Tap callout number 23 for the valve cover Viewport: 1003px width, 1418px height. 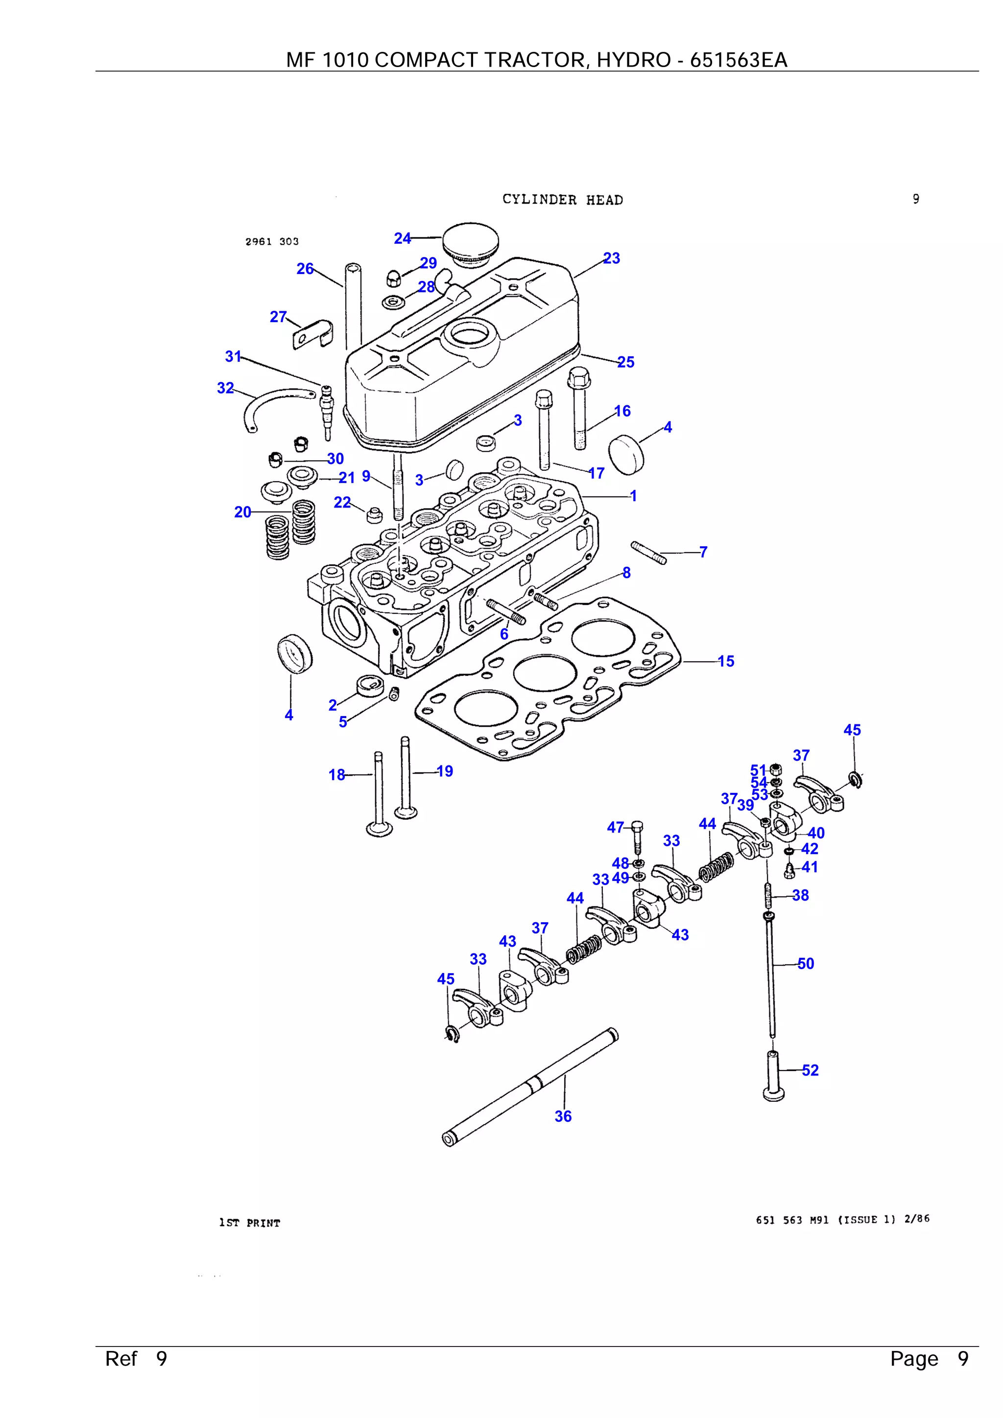click(611, 258)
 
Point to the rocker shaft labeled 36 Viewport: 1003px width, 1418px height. click(531, 1086)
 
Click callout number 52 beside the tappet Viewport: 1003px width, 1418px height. click(810, 1070)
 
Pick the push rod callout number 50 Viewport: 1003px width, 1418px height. click(805, 963)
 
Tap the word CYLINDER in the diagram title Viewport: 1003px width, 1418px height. click(539, 200)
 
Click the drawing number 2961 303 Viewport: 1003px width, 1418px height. click(272, 241)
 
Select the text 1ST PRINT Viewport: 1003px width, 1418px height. click(249, 1223)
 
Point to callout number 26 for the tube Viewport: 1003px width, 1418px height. click(305, 269)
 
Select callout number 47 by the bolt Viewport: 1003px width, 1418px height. click(615, 827)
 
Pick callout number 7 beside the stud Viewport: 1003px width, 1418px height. click(703, 552)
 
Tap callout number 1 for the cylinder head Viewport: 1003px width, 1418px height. click(633, 495)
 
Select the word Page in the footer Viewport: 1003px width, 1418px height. click(913, 1359)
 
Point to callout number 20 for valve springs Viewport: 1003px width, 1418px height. click(242, 512)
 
